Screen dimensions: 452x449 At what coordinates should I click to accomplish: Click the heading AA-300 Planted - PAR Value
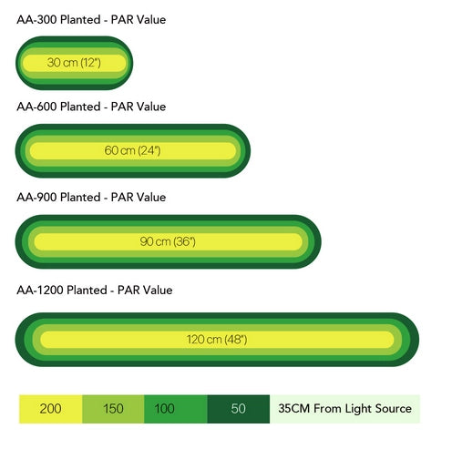[91, 20]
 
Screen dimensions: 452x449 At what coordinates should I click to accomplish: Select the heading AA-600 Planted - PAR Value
[91, 107]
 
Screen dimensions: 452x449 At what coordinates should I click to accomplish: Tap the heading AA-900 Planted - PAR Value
[91, 198]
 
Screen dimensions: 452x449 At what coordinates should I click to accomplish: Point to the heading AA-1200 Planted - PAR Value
[95, 291]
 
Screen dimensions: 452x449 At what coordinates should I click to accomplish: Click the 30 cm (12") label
[74, 63]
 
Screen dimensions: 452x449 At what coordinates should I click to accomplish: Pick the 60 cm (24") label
[132, 150]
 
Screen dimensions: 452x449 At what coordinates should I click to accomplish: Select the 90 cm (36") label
[168, 241]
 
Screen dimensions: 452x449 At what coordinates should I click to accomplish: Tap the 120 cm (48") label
[217, 340]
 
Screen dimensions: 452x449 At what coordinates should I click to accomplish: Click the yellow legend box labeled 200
[50, 409]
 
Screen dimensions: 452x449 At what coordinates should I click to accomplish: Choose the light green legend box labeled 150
[113, 409]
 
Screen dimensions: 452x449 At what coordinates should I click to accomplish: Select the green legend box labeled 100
[176, 409]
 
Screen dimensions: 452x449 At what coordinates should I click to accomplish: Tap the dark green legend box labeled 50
[239, 409]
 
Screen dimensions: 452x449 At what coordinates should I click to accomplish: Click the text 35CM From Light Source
[344, 409]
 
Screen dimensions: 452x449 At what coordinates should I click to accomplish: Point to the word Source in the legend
[394, 409]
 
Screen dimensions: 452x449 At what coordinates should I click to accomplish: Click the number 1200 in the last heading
[50, 291]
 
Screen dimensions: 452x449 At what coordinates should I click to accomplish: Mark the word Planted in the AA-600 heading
[80, 107]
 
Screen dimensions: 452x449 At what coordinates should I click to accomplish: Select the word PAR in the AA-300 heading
[122, 20]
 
